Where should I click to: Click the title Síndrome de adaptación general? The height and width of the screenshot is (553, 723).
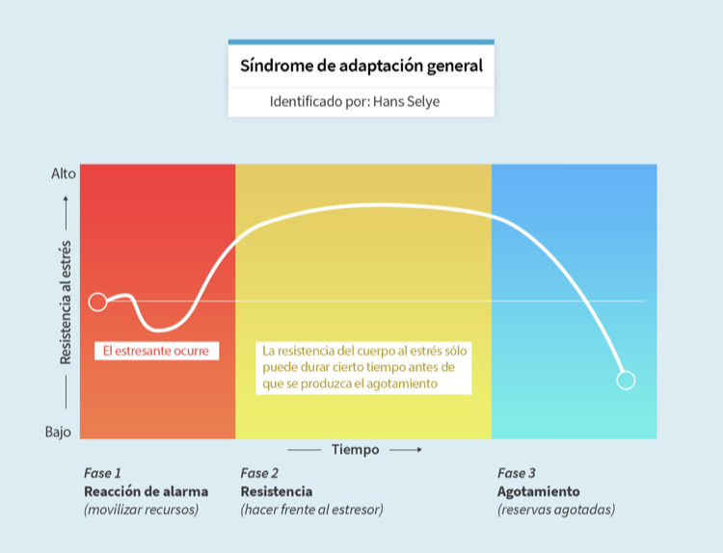pos(361,66)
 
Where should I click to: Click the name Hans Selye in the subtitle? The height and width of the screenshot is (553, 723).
pos(406,101)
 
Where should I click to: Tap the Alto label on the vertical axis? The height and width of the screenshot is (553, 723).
pos(64,173)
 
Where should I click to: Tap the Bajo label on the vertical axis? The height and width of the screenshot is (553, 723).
pos(58,432)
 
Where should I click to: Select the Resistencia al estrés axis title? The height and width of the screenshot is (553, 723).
pos(66,303)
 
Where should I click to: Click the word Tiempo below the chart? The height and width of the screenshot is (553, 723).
pos(355,449)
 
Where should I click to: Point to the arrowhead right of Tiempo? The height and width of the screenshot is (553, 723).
pos(419,449)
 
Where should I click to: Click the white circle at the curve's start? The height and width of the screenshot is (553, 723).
pos(97,302)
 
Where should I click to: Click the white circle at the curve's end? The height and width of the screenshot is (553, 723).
pos(626,381)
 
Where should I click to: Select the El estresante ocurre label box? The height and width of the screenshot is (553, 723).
pos(157,351)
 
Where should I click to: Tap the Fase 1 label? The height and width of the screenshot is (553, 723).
pos(102,473)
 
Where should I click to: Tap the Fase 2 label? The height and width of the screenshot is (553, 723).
pos(259,473)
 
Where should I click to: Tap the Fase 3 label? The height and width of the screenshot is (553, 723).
pos(517,473)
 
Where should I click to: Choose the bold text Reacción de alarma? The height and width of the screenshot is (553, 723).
pos(146,491)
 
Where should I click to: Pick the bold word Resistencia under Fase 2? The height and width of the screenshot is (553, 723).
pos(277,491)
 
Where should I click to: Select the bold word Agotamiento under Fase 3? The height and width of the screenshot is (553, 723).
pos(539,491)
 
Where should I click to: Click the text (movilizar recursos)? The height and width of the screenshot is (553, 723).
pos(141,510)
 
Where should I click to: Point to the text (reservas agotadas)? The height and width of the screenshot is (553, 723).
pos(556,510)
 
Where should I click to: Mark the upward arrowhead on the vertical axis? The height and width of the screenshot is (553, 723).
pos(66,199)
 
